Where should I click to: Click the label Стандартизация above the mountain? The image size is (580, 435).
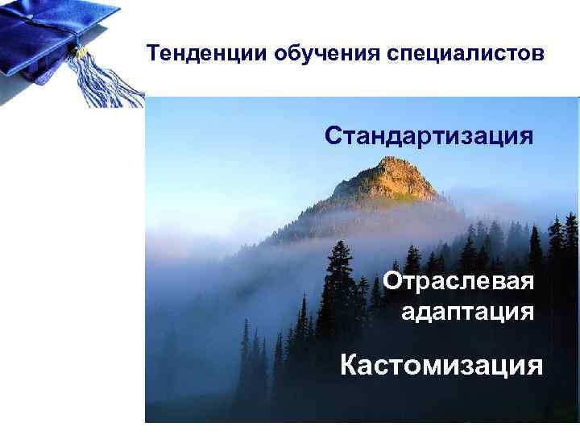[x=429, y=135]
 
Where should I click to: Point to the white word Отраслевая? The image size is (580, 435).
[x=458, y=283]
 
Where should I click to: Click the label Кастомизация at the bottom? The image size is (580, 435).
[x=441, y=366]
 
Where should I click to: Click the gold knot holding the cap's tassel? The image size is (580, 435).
[x=81, y=52]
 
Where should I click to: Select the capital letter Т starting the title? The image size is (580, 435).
[x=153, y=54]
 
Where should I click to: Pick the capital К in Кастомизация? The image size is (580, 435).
[x=349, y=366]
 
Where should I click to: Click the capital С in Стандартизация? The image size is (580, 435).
[x=333, y=135]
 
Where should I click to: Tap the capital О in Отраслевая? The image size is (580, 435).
[x=392, y=283]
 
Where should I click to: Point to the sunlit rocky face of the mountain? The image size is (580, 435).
[x=399, y=181]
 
